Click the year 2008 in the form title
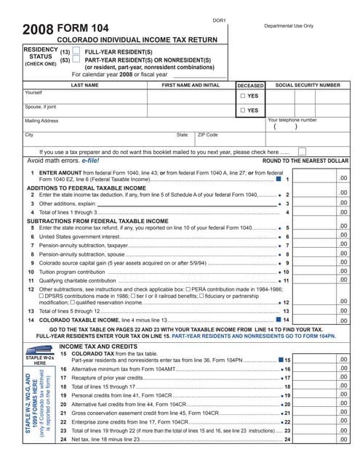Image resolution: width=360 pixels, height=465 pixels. tap(37, 31)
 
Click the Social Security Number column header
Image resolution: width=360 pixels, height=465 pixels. tap(308, 85)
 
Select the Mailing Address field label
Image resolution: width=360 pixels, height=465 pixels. tap(41, 121)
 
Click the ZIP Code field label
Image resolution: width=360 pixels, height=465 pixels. tap(207, 134)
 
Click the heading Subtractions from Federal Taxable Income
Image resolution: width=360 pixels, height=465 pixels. tap(87, 220)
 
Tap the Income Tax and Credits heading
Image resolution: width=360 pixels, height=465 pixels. tap(99, 347)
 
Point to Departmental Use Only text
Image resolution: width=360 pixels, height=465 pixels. tap(289, 25)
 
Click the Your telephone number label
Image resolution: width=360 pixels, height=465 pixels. tap(292, 120)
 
